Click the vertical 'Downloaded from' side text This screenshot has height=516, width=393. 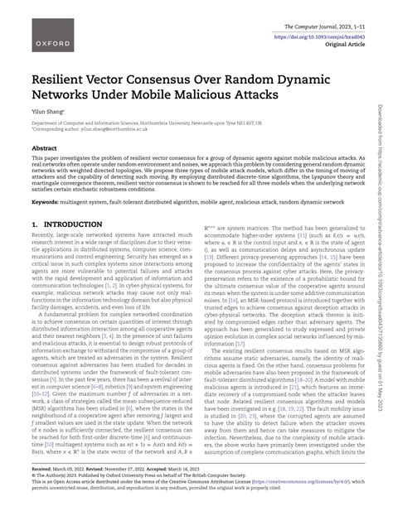[x=383, y=248]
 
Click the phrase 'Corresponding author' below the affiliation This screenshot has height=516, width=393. [x=55, y=135]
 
